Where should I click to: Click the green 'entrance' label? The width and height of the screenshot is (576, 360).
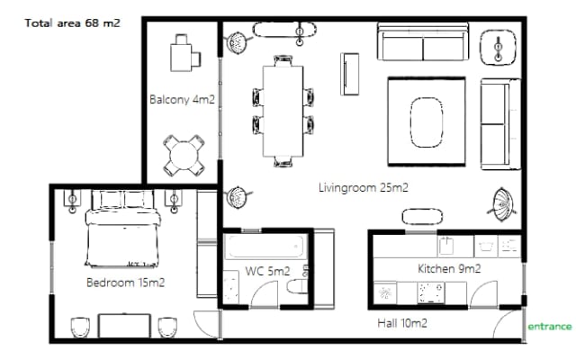550,326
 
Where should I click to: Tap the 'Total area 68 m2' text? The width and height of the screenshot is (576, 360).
72,23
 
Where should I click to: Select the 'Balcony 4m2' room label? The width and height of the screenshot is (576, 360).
182,99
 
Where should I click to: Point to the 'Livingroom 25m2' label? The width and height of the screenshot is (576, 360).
363,187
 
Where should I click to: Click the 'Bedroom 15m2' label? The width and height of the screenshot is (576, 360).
125,283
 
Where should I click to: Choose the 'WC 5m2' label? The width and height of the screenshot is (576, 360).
267,271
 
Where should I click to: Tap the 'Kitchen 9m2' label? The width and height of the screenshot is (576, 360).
449,268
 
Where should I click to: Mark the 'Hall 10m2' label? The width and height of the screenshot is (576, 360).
402,323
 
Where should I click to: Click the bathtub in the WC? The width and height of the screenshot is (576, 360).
265,247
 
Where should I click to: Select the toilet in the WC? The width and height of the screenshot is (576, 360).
297,286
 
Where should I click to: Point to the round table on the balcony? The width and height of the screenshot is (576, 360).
184,156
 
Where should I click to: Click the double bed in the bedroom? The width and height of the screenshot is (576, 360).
122,228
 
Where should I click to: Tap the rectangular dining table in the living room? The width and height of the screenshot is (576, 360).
283,111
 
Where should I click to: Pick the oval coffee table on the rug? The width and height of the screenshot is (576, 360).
426,122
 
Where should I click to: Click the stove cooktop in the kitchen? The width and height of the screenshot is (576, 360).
431,292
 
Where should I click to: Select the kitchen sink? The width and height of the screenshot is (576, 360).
446,246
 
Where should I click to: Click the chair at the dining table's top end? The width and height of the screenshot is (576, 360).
283,60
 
